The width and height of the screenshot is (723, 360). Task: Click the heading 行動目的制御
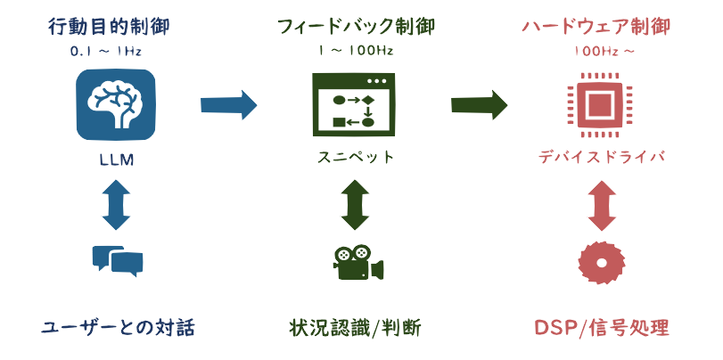109,28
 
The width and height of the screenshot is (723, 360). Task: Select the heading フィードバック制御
356,28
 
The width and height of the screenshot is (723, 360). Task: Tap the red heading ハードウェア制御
596,28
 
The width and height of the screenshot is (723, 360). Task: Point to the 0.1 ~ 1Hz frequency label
106,52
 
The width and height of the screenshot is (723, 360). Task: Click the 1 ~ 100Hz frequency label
356,51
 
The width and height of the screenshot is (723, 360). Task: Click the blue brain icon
116,104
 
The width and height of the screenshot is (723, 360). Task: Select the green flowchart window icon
354,104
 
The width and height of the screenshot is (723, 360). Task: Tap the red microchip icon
595,104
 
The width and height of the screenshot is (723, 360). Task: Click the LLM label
117,160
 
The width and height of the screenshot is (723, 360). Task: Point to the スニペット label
356,158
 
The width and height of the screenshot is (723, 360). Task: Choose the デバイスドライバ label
601,158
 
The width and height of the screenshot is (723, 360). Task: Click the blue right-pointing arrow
229,105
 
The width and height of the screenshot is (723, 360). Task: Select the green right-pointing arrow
479,105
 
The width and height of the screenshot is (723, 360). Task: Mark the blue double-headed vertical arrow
117,206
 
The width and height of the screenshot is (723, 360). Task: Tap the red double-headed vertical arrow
602,206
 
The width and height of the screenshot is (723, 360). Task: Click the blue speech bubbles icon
118,261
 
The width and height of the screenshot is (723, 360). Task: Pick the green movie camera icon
358,262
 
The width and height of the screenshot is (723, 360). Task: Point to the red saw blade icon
602,263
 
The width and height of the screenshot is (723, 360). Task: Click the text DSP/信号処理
601,329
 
